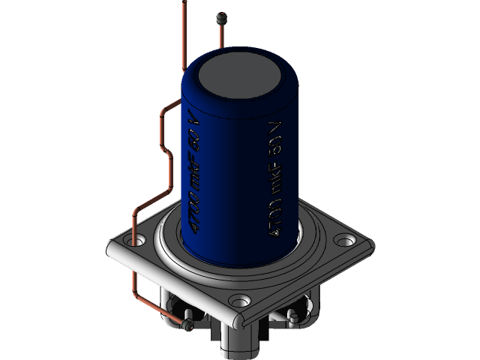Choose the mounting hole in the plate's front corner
pos(239,302)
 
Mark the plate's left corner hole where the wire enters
pos(136,242)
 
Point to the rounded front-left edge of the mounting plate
pos(172,285)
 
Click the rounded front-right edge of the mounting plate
pos(307,285)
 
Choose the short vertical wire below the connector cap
pos(220,34)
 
